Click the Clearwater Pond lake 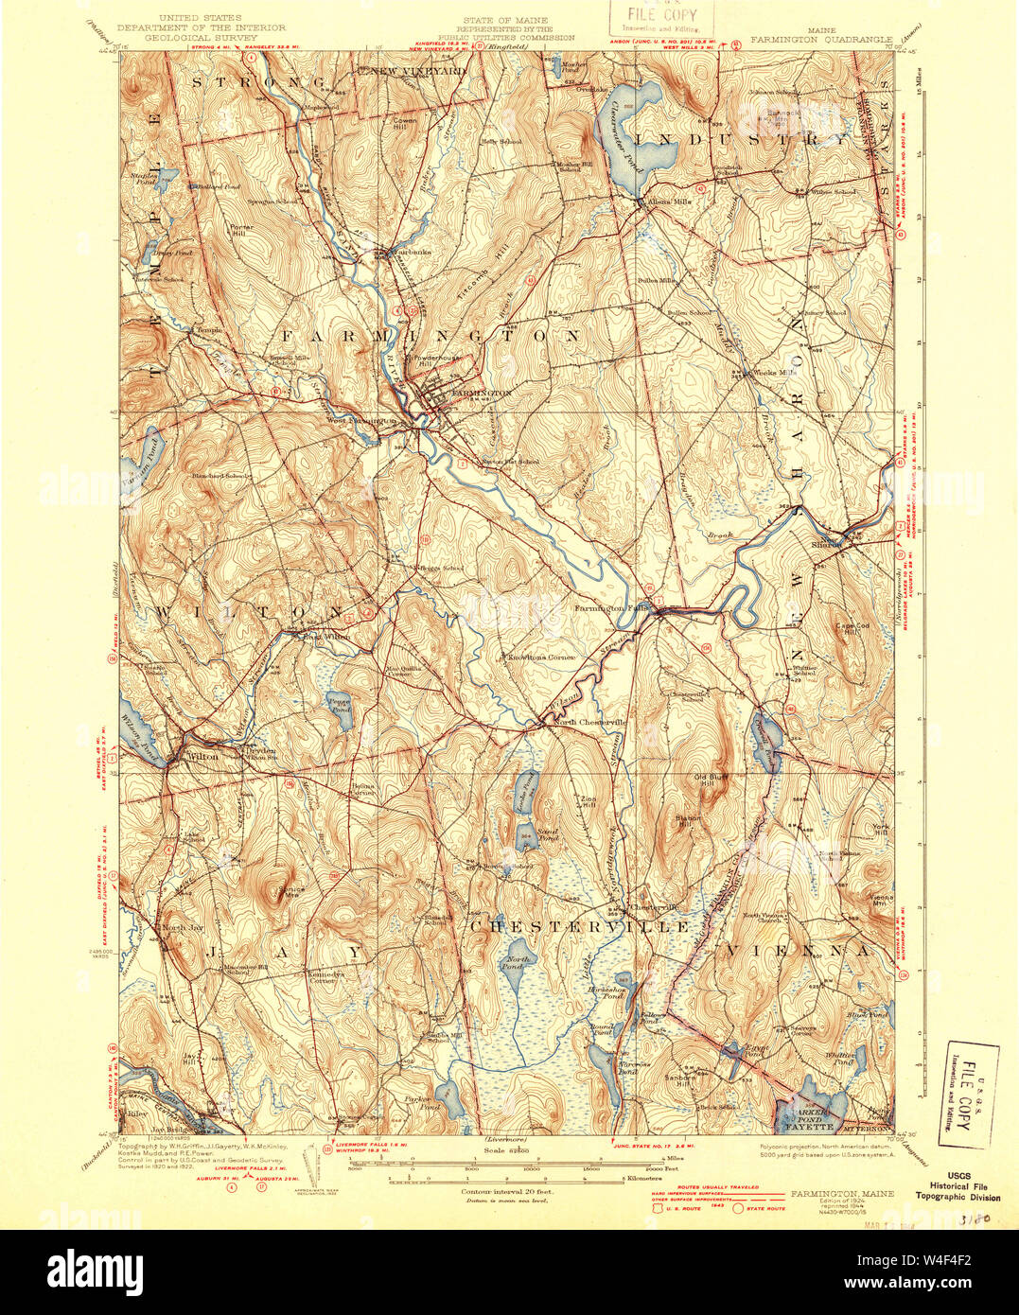[619, 142]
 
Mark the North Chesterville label [589, 722]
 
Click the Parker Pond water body [449, 1097]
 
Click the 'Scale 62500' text [501, 1149]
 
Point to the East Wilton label [326, 637]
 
